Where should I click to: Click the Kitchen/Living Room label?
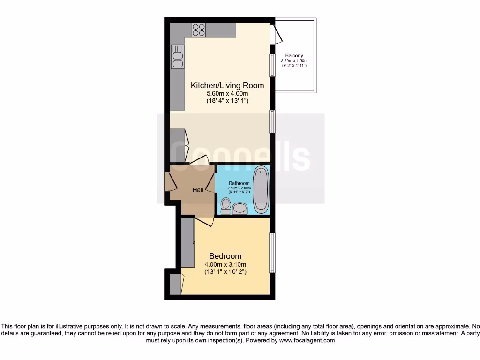[x=227, y=85]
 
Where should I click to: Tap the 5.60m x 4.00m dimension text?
[x=227, y=93]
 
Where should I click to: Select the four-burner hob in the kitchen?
[x=198, y=30]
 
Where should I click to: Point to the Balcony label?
[x=294, y=56]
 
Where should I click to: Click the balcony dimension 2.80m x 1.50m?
[x=294, y=61]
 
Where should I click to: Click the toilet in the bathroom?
[x=226, y=205]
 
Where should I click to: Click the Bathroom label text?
[x=239, y=183]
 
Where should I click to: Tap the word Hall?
[x=198, y=190]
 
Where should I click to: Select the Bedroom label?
[x=225, y=256]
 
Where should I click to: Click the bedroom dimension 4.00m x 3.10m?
[x=225, y=264]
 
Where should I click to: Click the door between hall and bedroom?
[x=204, y=220]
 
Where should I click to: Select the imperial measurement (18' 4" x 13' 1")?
[x=227, y=101]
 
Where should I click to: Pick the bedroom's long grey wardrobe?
[x=187, y=241]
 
